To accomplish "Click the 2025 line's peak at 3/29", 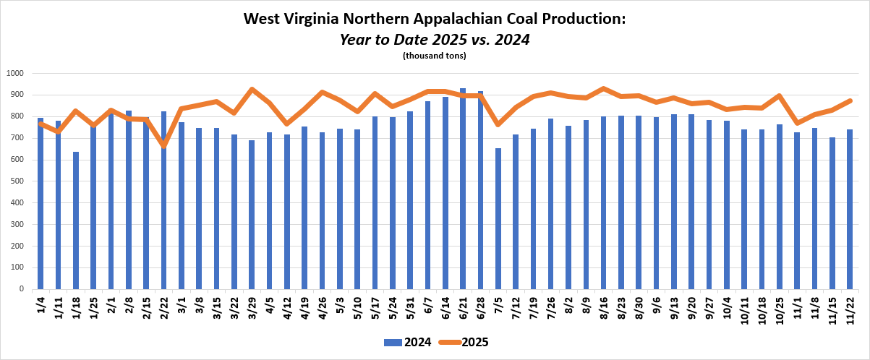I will click(252, 90).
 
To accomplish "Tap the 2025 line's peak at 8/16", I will click(603, 89).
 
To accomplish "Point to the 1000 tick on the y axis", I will click(15, 74).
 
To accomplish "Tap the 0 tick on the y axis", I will click(22, 289).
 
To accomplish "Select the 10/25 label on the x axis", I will click(780, 309).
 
